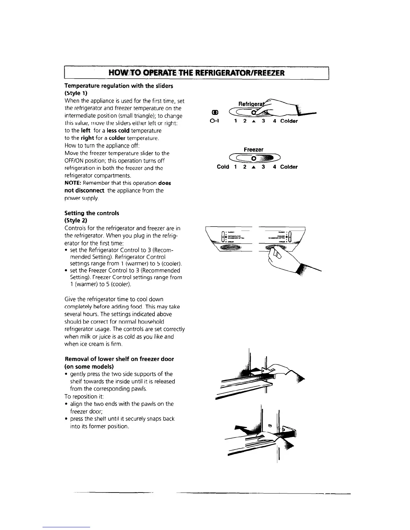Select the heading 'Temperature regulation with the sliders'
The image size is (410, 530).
119,86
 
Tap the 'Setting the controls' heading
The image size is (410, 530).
91,213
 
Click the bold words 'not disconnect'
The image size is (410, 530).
84,190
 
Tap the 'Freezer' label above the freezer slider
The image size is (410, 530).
253,150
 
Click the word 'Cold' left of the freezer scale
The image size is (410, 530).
223,167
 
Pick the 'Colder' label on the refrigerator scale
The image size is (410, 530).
289,121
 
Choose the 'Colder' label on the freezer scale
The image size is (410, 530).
289,167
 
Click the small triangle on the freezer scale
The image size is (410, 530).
254,167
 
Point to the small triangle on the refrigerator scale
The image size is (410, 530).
254,121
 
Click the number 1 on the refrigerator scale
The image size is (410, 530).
235,121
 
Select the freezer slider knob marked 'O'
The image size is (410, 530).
253,158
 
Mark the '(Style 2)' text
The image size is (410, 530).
76,220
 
